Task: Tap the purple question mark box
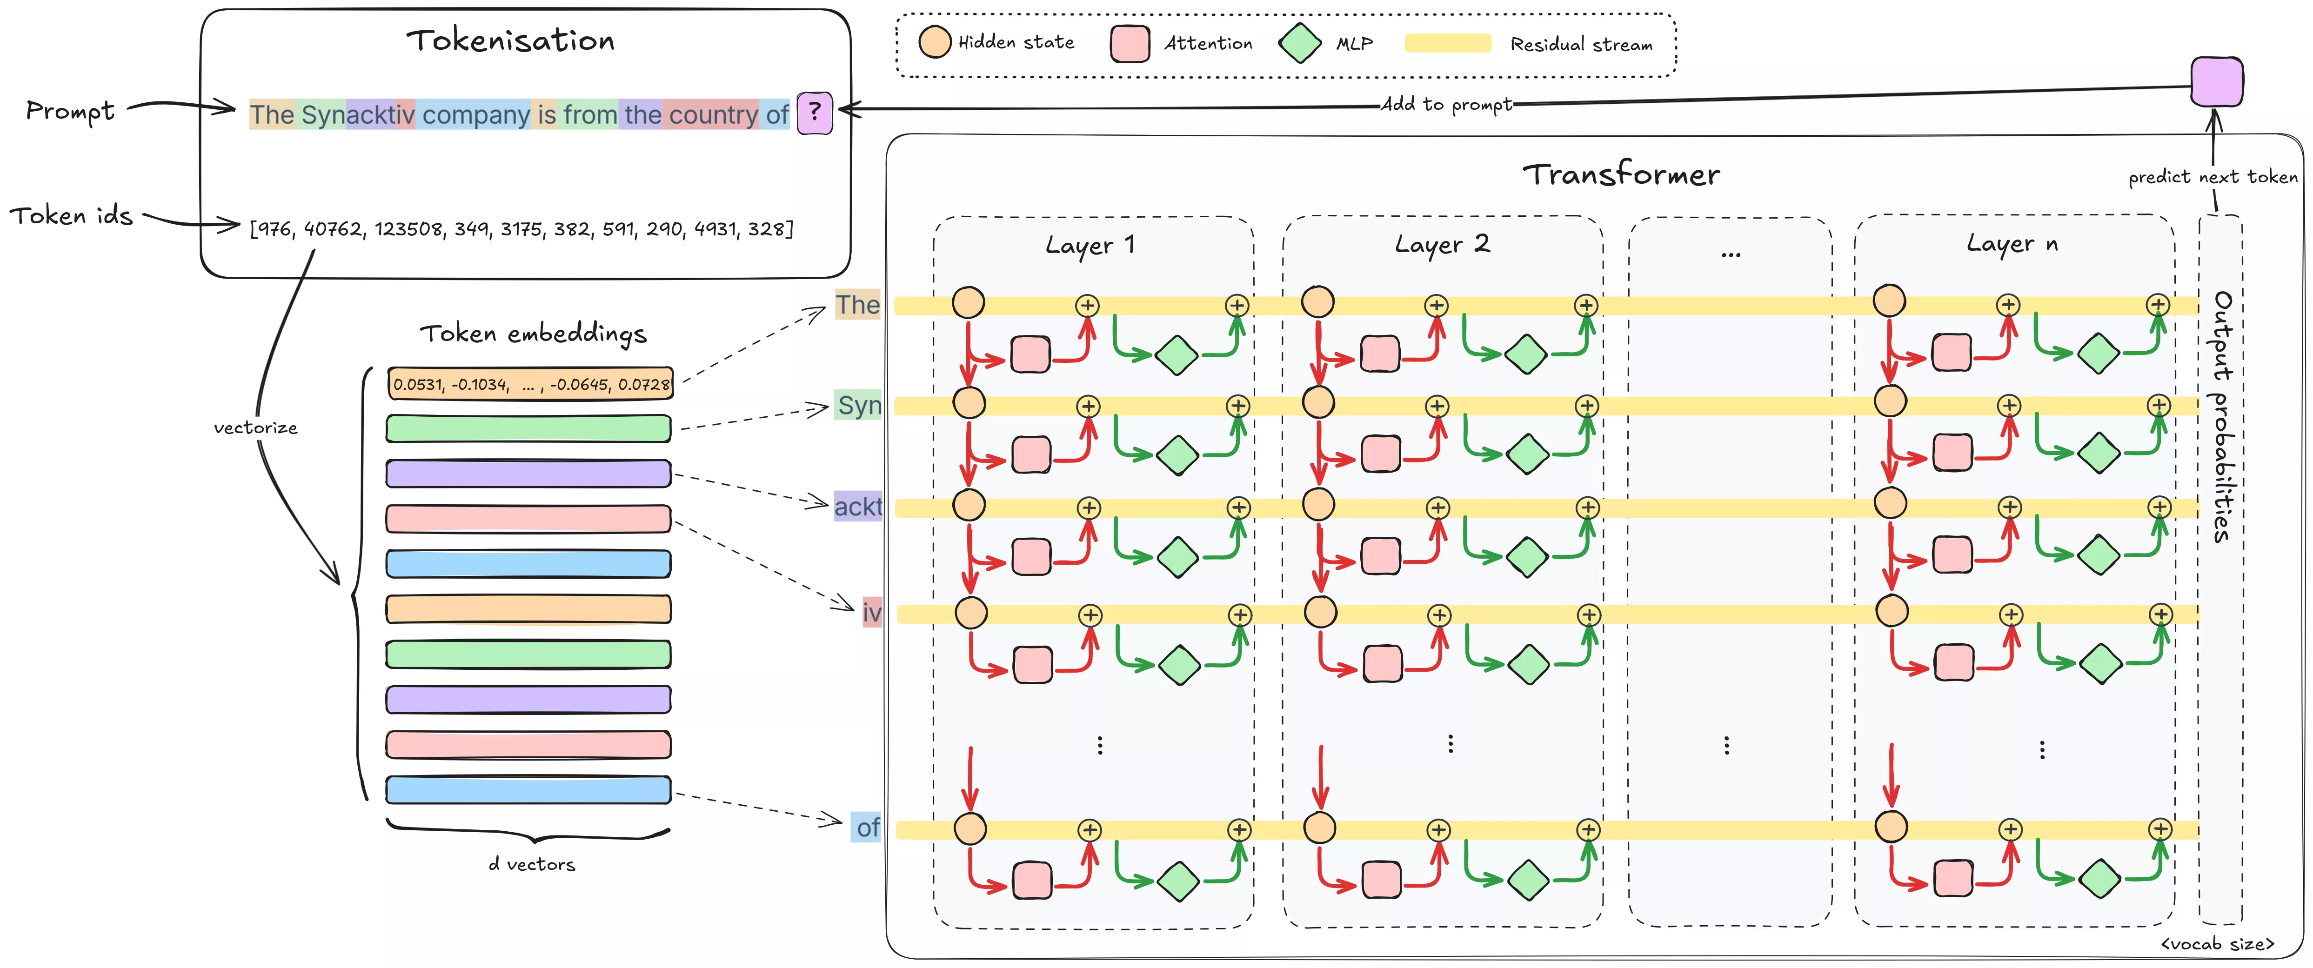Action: [x=815, y=113]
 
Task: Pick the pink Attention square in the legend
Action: [x=1130, y=43]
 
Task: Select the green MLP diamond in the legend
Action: [x=1299, y=43]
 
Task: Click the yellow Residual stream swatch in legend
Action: [x=1447, y=43]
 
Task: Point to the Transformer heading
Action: [x=1621, y=174]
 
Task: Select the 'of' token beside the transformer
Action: [x=867, y=827]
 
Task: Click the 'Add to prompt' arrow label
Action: [x=1446, y=104]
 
